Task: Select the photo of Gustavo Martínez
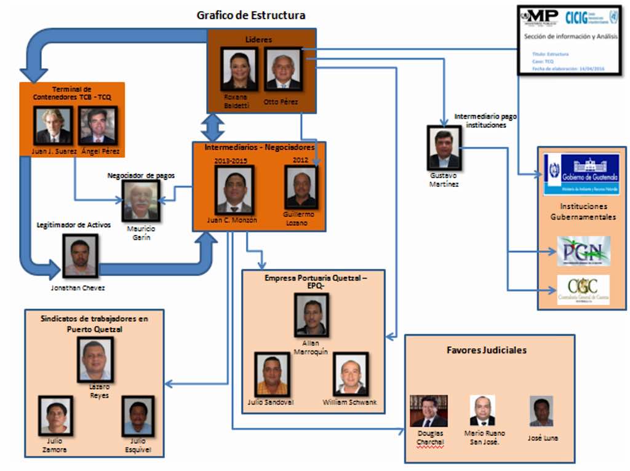point(444,148)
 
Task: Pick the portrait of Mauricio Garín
point(140,201)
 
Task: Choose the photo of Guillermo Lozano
point(301,188)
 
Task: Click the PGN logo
point(583,251)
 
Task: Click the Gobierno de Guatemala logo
point(582,173)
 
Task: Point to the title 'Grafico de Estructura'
point(250,15)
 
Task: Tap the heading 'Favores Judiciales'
point(487,350)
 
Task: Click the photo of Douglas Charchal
point(429,411)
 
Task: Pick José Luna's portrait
point(541,411)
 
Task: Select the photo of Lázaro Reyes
point(95,360)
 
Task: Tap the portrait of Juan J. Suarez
point(53,125)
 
